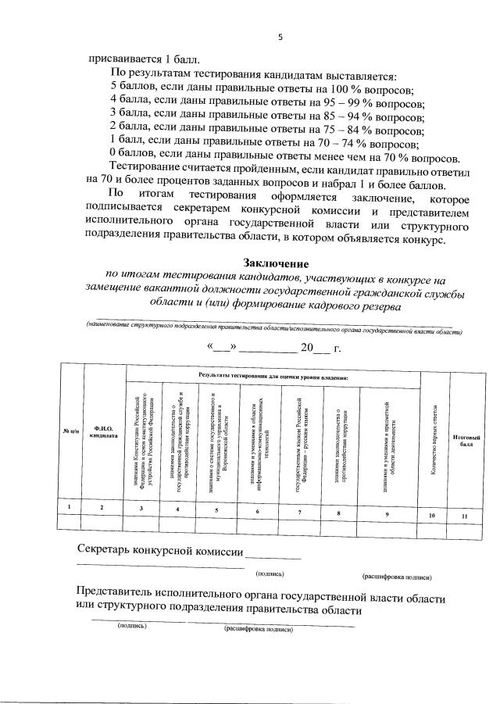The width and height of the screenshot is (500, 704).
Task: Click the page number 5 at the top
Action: click(279, 38)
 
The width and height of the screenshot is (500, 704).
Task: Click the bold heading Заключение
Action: click(275, 263)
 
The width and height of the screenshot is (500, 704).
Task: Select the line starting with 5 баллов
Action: click(262, 88)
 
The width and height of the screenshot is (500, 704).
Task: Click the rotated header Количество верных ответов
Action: click(434, 439)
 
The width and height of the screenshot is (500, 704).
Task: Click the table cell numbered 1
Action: click(70, 508)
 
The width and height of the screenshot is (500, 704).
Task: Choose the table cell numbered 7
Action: click(300, 512)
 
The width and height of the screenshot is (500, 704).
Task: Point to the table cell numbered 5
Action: click(216, 510)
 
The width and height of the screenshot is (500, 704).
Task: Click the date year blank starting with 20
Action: click(315, 348)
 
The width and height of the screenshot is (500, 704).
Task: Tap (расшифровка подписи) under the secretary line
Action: click(397, 577)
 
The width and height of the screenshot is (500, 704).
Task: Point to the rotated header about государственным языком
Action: click(300, 441)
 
